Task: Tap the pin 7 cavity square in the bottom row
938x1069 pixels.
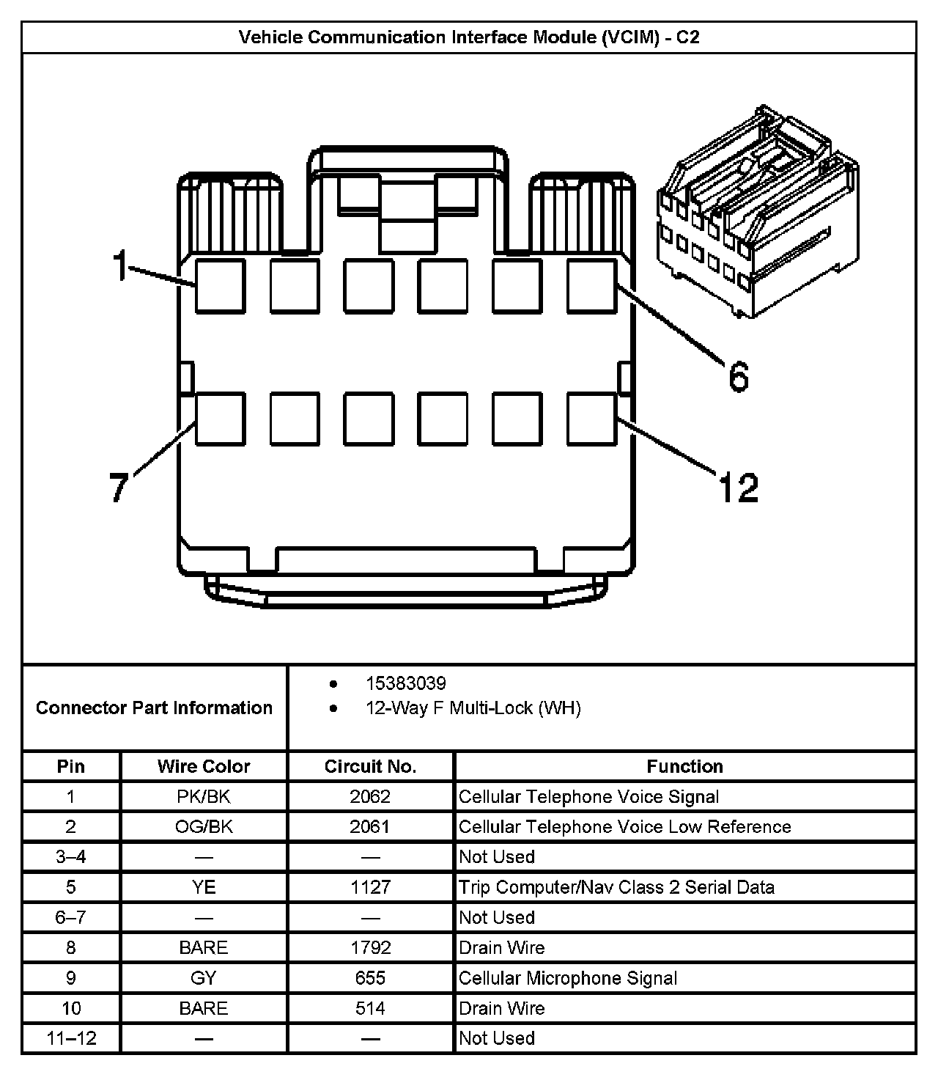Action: pos(220,419)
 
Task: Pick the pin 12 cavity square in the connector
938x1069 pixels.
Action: pos(591,419)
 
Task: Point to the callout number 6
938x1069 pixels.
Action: pos(739,377)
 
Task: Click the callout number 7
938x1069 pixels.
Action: pos(119,487)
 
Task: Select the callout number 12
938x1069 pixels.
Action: pos(738,487)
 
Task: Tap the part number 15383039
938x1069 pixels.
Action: pos(405,683)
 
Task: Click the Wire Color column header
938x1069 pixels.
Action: pos(204,766)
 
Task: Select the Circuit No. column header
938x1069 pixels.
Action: pos(370,766)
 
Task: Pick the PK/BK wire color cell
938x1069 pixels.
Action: pos(204,796)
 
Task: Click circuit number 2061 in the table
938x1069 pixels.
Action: pos(370,826)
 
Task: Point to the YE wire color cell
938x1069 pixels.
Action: pos(204,887)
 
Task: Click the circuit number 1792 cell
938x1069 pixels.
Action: pos(370,947)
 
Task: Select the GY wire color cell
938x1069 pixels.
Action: pos(204,977)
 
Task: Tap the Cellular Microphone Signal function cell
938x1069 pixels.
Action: pos(568,977)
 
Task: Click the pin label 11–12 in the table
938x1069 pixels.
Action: pos(71,1037)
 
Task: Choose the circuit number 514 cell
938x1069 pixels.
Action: pos(370,1007)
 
